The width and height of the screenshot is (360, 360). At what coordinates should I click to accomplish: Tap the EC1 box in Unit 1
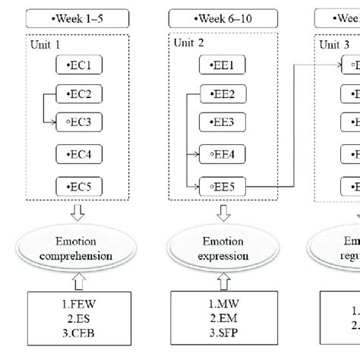click(x=79, y=66)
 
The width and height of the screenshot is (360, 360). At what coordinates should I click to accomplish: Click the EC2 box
click(x=79, y=95)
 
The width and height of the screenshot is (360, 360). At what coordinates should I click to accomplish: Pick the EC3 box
click(x=79, y=122)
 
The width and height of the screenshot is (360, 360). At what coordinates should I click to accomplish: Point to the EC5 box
click(x=79, y=185)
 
